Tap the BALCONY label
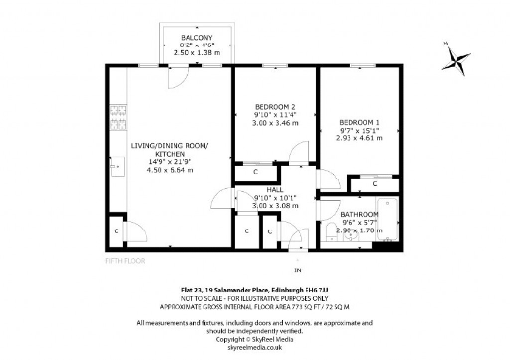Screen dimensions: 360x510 [197, 38]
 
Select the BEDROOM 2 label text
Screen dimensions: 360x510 [275, 107]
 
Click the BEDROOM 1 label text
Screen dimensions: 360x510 [359, 122]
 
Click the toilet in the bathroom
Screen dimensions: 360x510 [331, 233]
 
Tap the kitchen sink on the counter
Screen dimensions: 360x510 [118, 165]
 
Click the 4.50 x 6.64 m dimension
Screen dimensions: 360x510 [169, 170]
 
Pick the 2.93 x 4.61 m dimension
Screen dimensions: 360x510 [359, 138]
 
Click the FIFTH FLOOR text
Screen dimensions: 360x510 [125, 260]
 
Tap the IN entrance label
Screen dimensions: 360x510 [298, 271]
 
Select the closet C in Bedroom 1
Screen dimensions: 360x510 [375, 184]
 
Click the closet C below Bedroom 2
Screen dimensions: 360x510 [255, 172]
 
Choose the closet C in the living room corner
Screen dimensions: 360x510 [116, 231]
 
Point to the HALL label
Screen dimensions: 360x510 [275, 190]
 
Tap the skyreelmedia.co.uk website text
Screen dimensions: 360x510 [255, 347]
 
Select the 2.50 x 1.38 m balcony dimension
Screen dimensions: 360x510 [197, 52]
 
